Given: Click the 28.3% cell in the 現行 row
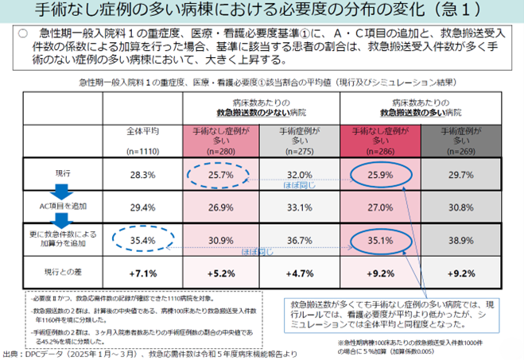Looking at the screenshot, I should [x=142, y=174].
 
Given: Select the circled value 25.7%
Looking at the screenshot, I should [x=219, y=173].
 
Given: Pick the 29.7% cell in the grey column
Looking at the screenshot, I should [x=461, y=174].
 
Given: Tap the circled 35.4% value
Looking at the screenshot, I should [x=142, y=238].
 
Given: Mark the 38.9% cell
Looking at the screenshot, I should [x=461, y=238].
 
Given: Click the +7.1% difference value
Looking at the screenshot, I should [x=142, y=273].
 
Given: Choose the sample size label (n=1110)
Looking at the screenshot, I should [x=143, y=149].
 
